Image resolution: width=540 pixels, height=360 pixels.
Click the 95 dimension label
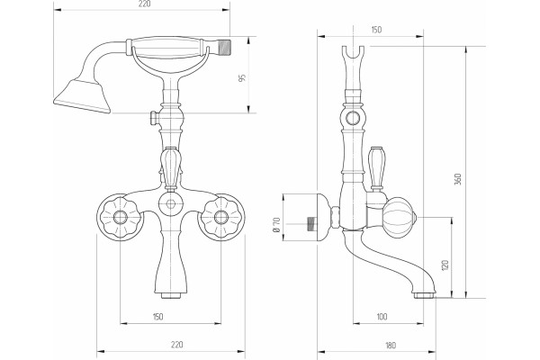242,78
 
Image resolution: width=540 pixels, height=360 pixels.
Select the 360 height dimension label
458,179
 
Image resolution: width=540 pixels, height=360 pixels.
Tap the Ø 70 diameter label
276,225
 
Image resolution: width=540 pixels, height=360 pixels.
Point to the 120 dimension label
445,265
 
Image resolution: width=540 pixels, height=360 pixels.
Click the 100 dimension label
382,317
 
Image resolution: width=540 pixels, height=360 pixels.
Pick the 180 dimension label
391,345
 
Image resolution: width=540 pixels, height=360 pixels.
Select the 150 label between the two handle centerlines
157,317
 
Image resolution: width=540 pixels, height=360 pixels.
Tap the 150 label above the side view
376,30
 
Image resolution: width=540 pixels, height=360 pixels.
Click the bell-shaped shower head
83,94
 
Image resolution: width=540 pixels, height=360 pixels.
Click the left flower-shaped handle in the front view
121,217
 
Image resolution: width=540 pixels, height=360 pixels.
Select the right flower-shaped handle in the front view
220,217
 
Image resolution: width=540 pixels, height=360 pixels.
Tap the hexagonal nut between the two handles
170,203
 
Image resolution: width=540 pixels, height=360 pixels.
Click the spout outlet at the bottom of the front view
171,295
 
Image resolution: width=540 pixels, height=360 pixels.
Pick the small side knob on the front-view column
154,118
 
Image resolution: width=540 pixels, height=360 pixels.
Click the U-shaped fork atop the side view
354,56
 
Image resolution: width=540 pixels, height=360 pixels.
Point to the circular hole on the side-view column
353,118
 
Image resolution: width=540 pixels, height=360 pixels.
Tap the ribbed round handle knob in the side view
400,218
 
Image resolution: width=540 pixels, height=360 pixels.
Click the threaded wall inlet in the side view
312,224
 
